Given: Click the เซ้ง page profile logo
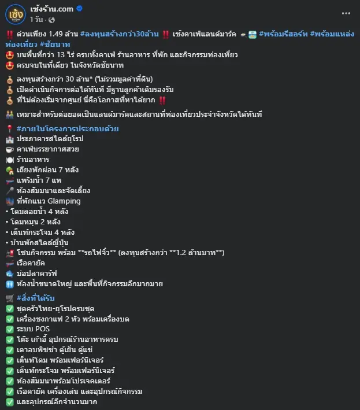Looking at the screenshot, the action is [16, 14].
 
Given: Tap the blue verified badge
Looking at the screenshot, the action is [79, 9].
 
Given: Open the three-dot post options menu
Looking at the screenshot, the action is [346, 13].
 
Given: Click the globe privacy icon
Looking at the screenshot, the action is [52, 20].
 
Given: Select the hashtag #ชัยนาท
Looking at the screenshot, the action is [55, 45].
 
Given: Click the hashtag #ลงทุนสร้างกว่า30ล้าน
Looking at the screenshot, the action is [120, 34].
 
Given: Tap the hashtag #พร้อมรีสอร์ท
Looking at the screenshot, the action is [283, 34].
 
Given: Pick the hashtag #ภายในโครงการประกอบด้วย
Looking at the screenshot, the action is [68, 128].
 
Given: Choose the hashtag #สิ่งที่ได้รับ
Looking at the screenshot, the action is [35, 298].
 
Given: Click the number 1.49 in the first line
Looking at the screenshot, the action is [55, 34].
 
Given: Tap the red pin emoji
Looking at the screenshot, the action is [10, 128].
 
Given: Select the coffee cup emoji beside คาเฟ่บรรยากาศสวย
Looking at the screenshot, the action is [10, 150].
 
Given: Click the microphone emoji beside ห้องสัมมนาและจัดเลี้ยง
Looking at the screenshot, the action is [10, 191].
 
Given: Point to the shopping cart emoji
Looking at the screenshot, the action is [10, 298].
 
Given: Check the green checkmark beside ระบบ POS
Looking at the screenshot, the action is [10, 330].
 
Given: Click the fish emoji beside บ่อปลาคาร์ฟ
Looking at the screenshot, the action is [10, 274].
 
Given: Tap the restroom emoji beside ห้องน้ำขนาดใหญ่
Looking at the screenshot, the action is [10, 285].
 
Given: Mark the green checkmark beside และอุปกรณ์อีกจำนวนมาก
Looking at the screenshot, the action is [10, 402].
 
